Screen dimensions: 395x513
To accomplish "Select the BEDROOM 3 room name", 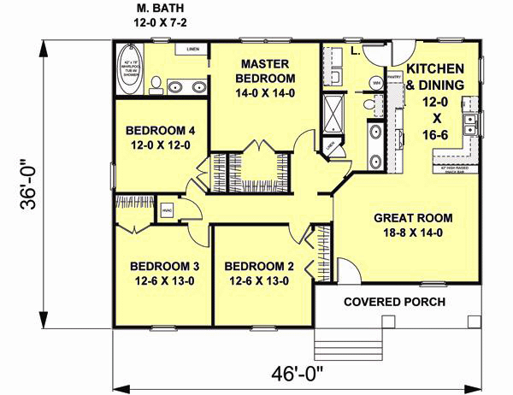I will coord(160,265).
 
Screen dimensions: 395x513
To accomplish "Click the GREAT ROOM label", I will coord(413,216).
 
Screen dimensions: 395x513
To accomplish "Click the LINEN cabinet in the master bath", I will coord(194,50).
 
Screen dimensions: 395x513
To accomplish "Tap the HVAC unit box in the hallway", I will coord(167,209).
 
